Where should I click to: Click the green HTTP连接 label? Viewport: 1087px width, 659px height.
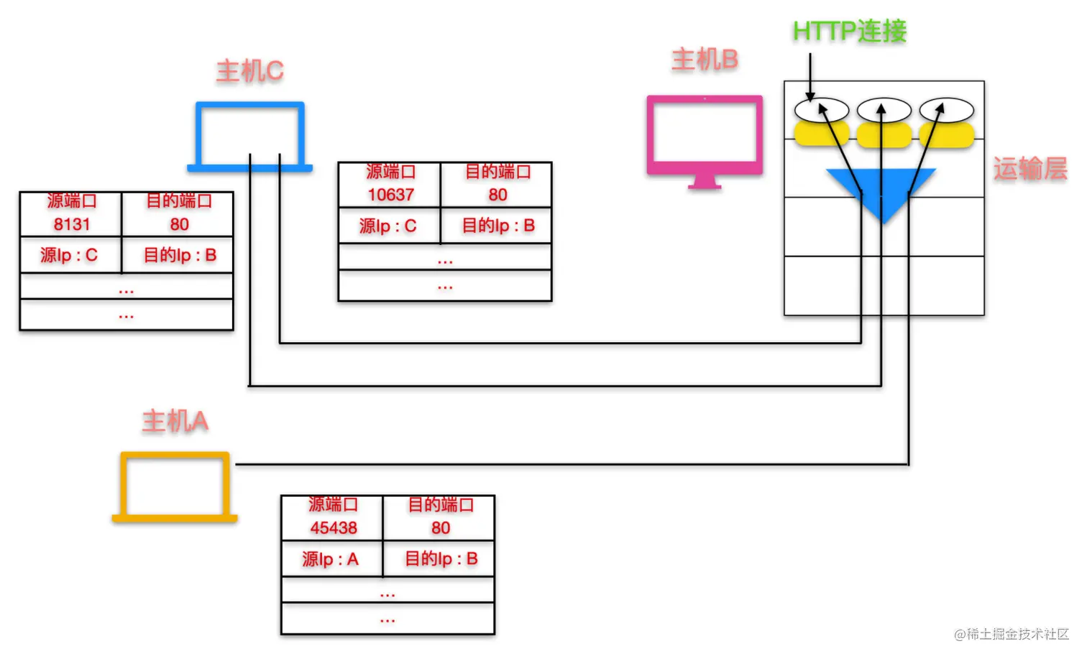[849, 31]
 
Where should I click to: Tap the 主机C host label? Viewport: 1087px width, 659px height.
[249, 71]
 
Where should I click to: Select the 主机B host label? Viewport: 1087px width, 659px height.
[705, 60]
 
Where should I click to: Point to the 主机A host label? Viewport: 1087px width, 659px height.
[175, 421]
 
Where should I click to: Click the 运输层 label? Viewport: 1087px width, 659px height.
[1029, 169]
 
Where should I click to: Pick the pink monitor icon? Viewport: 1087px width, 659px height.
[705, 140]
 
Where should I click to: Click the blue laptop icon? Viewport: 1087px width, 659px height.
[249, 137]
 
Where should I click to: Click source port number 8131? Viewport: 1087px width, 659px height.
[72, 224]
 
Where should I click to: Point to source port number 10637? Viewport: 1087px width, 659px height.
[390, 195]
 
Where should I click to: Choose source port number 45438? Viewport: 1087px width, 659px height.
[334, 528]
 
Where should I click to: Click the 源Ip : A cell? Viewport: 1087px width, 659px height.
[331, 559]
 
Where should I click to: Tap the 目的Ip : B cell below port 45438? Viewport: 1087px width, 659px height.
[441, 559]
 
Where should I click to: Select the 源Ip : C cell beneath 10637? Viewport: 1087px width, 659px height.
[388, 226]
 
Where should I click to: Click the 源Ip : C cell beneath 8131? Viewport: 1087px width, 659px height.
[69, 255]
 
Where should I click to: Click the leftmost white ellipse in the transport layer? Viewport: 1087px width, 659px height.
[822, 110]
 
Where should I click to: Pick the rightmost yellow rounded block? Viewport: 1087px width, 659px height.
[947, 135]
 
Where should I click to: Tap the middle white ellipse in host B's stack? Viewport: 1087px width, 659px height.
[884, 110]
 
